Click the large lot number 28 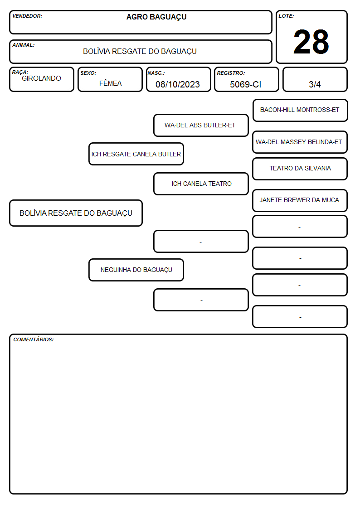pyautogui.click(x=311, y=42)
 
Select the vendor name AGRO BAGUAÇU pyautogui.click(x=156, y=17)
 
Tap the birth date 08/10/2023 pyautogui.click(x=178, y=84)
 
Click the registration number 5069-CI pyautogui.click(x=245, y=84)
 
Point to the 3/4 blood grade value pyautogui.click(x=315, y=84)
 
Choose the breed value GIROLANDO pyautogui.click(x=42, y=78)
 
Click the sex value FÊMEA pyautogui.click(x=110, y=83)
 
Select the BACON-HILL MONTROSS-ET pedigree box pyautogui.click(x=300, y=111)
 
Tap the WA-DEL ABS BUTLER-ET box pyautogui.click(x=201, y=125)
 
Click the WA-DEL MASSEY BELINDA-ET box pyautogui.click(x=300, y=142)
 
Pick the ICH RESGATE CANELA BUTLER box pyautogui.click(x=136, y=154)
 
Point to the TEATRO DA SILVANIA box pyautogui.click(x=300, y=169)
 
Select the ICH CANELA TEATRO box pyautogui.click(x=201, y=184)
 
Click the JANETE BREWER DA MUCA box pyautogui.click(x=300, y=200)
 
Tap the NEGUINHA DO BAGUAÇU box pyautogui.click(x=136, y=270)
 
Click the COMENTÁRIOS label pyautogui.click(x=34, y=339)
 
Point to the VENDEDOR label pyautogui.click(x=27, y=16)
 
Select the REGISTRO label pyautogui.click(x=231, y=73)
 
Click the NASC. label pyautogui.click(x=156, y=73)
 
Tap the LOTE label pyautogui.click(x=286, y=16)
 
